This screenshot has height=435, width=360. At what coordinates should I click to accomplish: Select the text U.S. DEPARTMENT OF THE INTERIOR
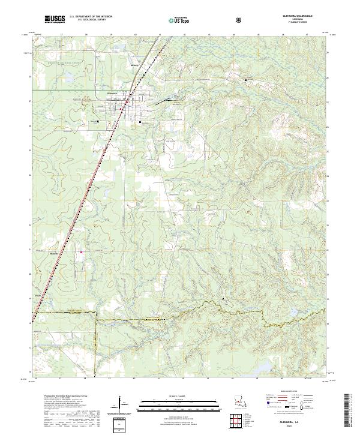(x=90, y=17)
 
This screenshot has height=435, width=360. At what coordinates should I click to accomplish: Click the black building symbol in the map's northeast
(x=245, y=79)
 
